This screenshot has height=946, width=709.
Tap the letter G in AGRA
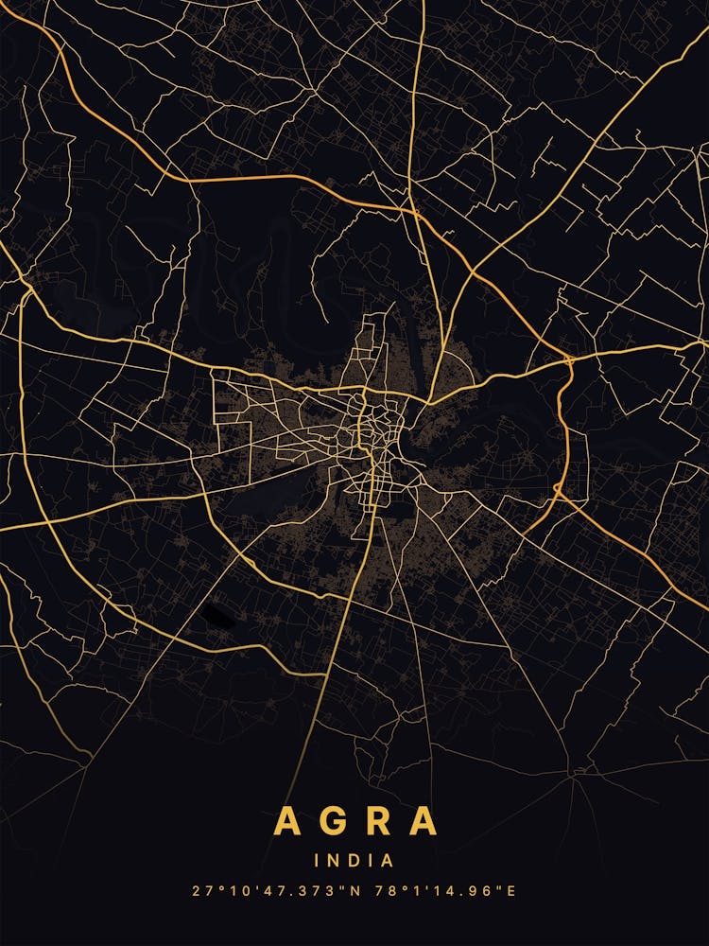click(333, 821)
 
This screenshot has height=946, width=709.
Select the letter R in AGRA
click(378, 821)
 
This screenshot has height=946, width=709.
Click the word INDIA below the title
click(354, 861)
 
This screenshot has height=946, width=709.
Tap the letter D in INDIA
click(355, 861)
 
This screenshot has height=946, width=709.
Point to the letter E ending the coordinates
click(511, 891)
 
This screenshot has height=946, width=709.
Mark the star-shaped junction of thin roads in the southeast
click(574, 776)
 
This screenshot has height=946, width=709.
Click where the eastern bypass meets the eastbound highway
click(569, 359)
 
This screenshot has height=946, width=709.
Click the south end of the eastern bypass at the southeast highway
click(560, 494)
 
